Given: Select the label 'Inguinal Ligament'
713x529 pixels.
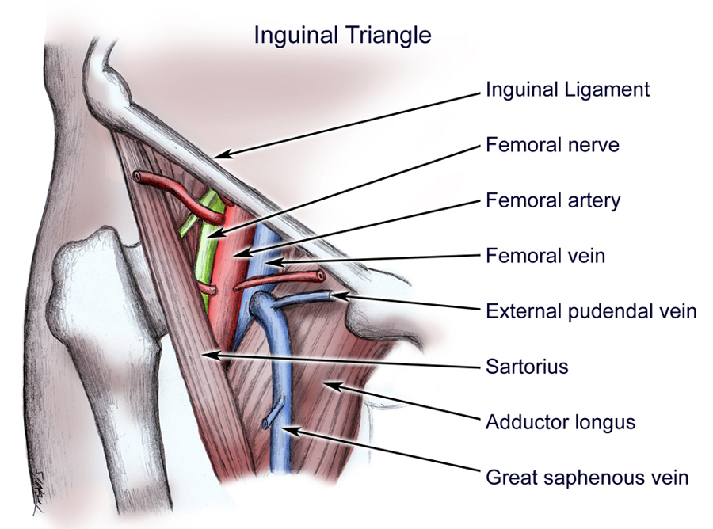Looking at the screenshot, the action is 567,89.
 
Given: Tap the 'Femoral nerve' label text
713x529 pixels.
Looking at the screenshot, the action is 552,146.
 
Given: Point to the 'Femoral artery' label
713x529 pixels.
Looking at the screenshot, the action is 553,200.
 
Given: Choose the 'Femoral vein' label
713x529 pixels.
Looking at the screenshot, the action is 546,256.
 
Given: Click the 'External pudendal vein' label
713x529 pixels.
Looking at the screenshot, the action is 591,311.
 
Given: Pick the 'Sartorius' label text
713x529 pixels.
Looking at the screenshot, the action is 527,367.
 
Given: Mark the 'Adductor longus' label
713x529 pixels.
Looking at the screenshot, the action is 560,421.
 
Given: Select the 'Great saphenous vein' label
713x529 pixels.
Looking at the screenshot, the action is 587,478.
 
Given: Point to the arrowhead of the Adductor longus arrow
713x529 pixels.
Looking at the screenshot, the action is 327,386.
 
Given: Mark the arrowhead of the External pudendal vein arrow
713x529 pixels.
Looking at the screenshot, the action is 338,296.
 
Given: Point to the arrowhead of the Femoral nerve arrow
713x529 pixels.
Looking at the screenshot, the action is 212,234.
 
